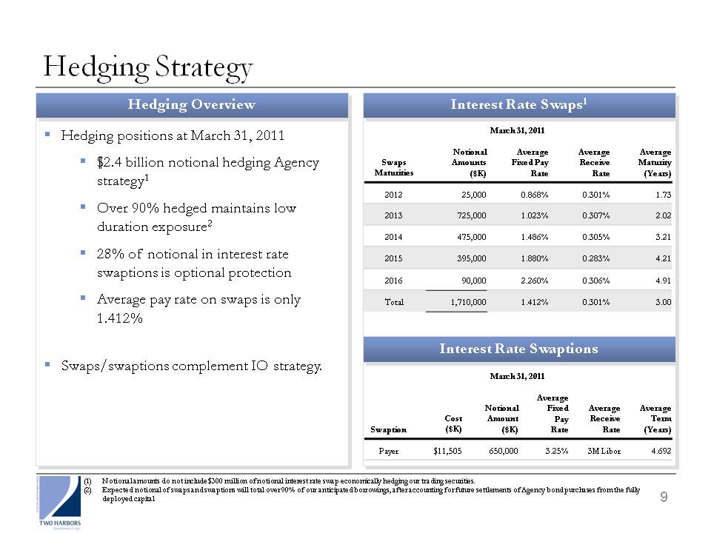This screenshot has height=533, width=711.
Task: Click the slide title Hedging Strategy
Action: click(x=148, y=68)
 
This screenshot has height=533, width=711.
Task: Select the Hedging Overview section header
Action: click(x=192, y=104)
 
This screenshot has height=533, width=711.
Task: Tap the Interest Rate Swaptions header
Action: click(x=518, y=349)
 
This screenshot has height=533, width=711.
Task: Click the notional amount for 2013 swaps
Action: click(x=472, y=215)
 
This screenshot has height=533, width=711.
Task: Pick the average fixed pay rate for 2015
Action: click(x=535, y=258)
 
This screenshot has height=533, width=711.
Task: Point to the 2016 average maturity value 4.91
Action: click(x=664, y=281)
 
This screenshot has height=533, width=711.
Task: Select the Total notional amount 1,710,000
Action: click(x=468, y=302)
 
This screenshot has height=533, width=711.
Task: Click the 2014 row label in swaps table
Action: click(x=393, y=237)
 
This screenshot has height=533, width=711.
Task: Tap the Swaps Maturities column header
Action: click(x=393, y=167)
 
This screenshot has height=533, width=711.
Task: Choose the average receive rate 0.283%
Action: click(x=595, y=258)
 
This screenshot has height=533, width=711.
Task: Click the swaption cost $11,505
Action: click(x=447, y=451)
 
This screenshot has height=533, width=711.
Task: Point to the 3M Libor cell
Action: click(x=604, y=451)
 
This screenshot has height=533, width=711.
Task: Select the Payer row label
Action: click(x=389, y=451)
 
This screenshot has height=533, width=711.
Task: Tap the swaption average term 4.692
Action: click(x=661, y=451)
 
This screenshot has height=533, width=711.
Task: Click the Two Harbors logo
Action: click(x=60, y=502)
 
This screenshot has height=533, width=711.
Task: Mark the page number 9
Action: click(x=664, y=497)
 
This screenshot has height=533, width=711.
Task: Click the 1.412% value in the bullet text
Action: click(x=120, y=318)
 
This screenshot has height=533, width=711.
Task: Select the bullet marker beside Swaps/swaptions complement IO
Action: click(x=47, y=363)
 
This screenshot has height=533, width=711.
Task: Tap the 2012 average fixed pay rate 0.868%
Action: click(x=535, y=195)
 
